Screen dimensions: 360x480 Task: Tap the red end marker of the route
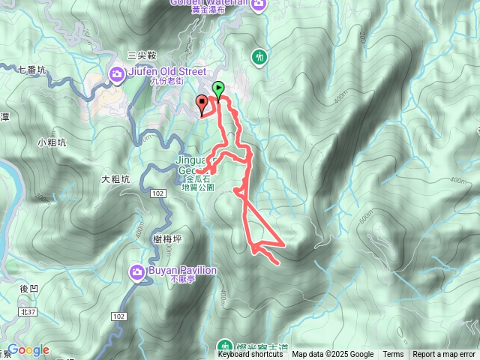pyautogui.click(x=202, y=103)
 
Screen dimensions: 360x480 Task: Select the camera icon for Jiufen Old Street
pyautogui.click(x=117, y=73)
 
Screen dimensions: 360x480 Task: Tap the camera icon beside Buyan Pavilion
pyautogui.click(x=137, y=270)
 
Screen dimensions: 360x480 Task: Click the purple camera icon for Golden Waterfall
pyautogui.click(x=259, y=4)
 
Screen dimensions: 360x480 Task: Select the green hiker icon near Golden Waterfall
pyautogui.click(x=259, y=56)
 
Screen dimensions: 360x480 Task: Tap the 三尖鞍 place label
pyautogui.click(x=142, y=55)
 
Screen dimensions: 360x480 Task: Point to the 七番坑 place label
pyautogui.click(x=32, y=70)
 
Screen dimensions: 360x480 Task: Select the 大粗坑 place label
pyautogui.click(x=115, y=179)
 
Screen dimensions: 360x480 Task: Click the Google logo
pyautogui.click(x=28, y=350)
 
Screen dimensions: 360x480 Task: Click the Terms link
pyautogui.click(x=393, y=355)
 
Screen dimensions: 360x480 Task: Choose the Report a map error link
pyautogui.click(x=445, y=355)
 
